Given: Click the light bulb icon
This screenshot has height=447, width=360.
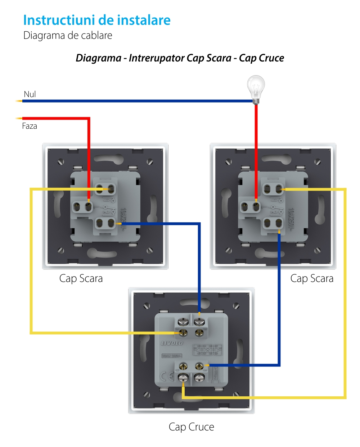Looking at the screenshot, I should pyautogui.click(x=256, y=88).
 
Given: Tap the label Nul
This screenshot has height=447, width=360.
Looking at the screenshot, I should pyautogui.click(x=30, y=94).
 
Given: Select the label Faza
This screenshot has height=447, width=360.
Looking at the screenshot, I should pyautogui.click(x=30, y=126).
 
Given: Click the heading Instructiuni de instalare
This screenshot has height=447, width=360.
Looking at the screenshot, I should pyautogui.click(x=97, y=20).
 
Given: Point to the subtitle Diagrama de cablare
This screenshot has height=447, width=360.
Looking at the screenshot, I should pyautogui.click(x=68, y=36).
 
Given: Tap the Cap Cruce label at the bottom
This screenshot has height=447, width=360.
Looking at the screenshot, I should pyautogui.click(x=191, y=427).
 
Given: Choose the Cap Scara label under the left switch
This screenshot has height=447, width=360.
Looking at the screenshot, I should pyautogui.click(x=81, y=278).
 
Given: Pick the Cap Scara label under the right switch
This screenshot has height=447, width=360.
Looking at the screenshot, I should pyautogui.click(x=312, y=278).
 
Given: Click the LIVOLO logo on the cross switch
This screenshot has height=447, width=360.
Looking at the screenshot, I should pyautogui.click(x=172, y=343).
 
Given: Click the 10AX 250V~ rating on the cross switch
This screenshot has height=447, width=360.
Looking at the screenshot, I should pyautogui.click(x=172, y=356).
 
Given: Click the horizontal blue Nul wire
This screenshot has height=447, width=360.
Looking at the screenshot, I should pyautogui.click(x=137, y=101).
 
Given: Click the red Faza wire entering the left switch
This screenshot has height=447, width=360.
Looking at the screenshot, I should pyautogui.click(x=89, y=151).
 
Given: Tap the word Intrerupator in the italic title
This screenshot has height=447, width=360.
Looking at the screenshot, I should pyautogui.click(x=157, y=58).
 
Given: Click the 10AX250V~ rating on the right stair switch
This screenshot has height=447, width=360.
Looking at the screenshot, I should pyautogui.click(x=291, y=219).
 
